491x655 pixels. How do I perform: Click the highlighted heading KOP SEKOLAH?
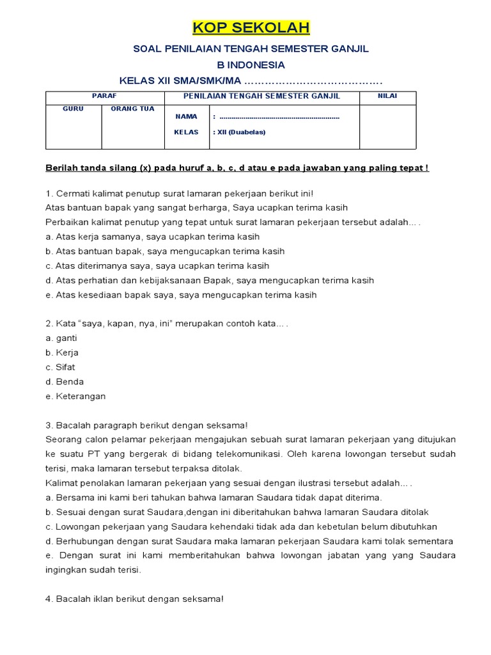251,28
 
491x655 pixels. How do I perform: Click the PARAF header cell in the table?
105,96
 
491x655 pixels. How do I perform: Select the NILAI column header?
387,96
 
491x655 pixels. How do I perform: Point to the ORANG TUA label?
132,109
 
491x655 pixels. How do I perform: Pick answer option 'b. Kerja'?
62,352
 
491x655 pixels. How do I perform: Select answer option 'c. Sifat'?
61,367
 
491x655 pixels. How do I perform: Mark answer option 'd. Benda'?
65,382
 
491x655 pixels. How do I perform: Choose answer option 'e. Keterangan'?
75,397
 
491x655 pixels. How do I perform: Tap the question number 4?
49,599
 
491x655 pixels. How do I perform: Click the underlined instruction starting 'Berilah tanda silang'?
237,168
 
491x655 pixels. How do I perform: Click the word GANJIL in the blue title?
352,49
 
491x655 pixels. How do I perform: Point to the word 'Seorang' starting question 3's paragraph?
63,439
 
